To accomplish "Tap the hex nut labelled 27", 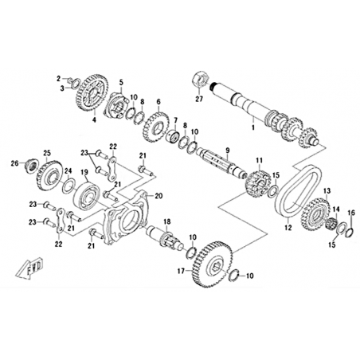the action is [x=200, y=80].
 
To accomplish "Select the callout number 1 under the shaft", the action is [x=253, y=127].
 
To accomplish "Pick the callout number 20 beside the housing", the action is [x=158, y=196].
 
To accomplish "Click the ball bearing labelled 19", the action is [x=87, y=196].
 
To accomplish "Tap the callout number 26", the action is [x=14, y=163].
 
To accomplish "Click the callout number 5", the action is [x=121, y=82].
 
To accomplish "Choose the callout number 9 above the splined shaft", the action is [x=228, y=151].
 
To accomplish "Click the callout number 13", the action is [x=327, y=190].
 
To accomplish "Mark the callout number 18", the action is [x=167, y=221].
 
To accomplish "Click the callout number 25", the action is [x=47, y=153].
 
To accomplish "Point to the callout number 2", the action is [x=59, y=78].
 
